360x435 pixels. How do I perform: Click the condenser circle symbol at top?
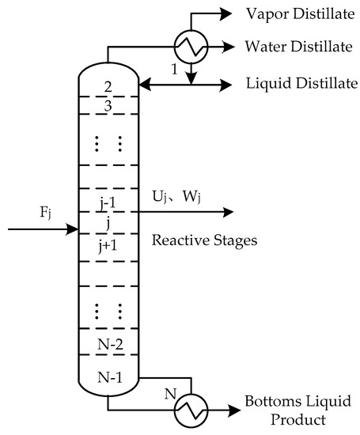(190, 48)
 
